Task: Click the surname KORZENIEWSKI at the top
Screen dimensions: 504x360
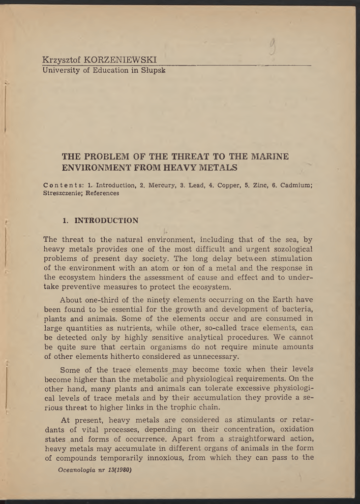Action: tap(120, 60)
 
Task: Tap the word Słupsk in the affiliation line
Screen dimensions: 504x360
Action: tap(152, 70)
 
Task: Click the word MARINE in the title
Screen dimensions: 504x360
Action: tap(270, 157)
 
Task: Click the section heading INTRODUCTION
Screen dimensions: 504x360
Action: tap(106, 220)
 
